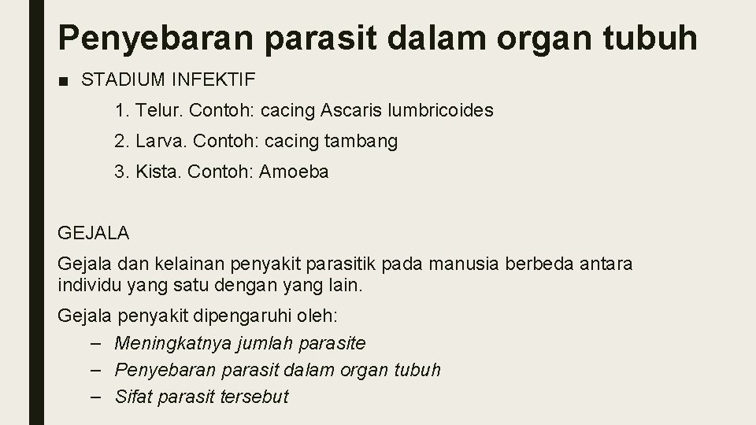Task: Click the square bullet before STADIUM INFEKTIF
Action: tap(64, 79)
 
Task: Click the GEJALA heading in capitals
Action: tap(94, 233)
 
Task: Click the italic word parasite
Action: tap(334, 344)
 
